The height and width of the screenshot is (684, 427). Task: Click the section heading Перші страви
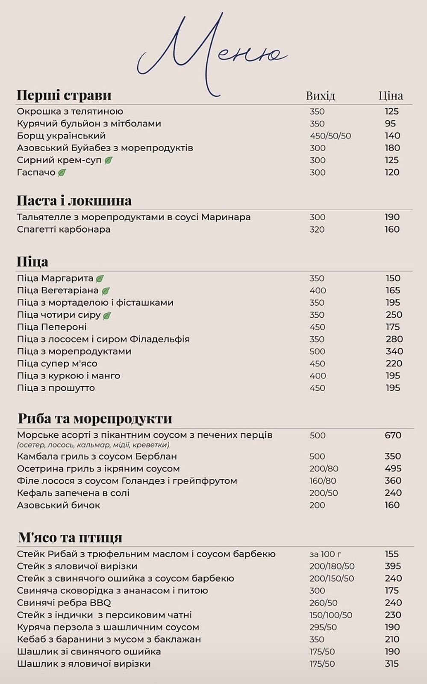64,95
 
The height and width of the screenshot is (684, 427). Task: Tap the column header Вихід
321,95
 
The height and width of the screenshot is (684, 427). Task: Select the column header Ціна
391,95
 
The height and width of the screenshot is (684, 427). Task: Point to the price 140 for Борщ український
392,136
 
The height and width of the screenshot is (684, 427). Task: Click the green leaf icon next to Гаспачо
62,173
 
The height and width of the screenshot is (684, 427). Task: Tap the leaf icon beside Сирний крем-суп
109,160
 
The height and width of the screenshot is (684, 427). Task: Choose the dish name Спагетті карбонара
64,230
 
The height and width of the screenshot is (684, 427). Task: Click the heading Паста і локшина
74,200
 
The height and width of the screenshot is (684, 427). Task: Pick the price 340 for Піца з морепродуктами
394,351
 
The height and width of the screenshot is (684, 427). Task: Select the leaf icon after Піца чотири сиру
107,315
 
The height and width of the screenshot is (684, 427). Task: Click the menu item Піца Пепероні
52,327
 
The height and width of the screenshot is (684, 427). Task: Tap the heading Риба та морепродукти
95,418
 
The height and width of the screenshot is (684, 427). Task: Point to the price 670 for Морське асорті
393,436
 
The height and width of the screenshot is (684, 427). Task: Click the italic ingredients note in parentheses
93,445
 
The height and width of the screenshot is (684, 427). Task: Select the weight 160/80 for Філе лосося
323,481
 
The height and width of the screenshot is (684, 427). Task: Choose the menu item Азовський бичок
59,505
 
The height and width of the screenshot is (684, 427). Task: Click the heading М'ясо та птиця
70,537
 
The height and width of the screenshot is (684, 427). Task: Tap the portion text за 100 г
325,554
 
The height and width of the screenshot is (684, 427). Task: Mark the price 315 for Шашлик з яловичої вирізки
392,664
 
